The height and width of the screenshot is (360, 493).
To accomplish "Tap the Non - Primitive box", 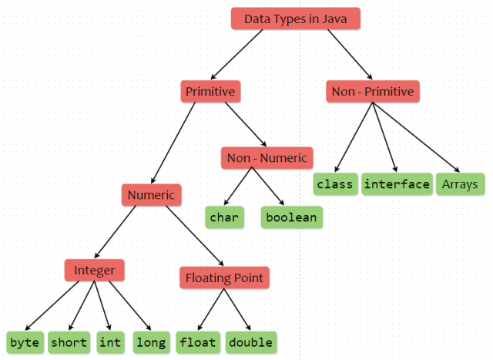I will point(373,92).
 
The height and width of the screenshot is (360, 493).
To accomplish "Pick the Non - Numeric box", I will point(267,158).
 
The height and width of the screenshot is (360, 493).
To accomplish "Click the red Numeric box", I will point(152,194).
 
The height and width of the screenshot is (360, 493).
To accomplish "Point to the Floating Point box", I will point(223,278).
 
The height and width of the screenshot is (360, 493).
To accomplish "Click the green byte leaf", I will point(24,341).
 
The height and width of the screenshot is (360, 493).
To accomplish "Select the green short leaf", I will point(69,341).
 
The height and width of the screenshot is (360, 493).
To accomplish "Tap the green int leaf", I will point(110,341).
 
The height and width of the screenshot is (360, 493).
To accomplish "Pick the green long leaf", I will point(150,341).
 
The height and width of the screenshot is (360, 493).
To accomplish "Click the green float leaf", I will point(198,341).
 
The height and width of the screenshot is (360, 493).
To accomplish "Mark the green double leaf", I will point(250,341).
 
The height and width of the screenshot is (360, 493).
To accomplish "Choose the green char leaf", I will point(224,217).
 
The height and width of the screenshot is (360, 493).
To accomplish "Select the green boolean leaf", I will point(291,217).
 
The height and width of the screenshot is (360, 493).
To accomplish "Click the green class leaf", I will point(334,183).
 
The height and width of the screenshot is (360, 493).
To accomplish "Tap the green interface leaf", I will point(397,183).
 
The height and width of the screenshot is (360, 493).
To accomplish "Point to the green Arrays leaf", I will point(460,183).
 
